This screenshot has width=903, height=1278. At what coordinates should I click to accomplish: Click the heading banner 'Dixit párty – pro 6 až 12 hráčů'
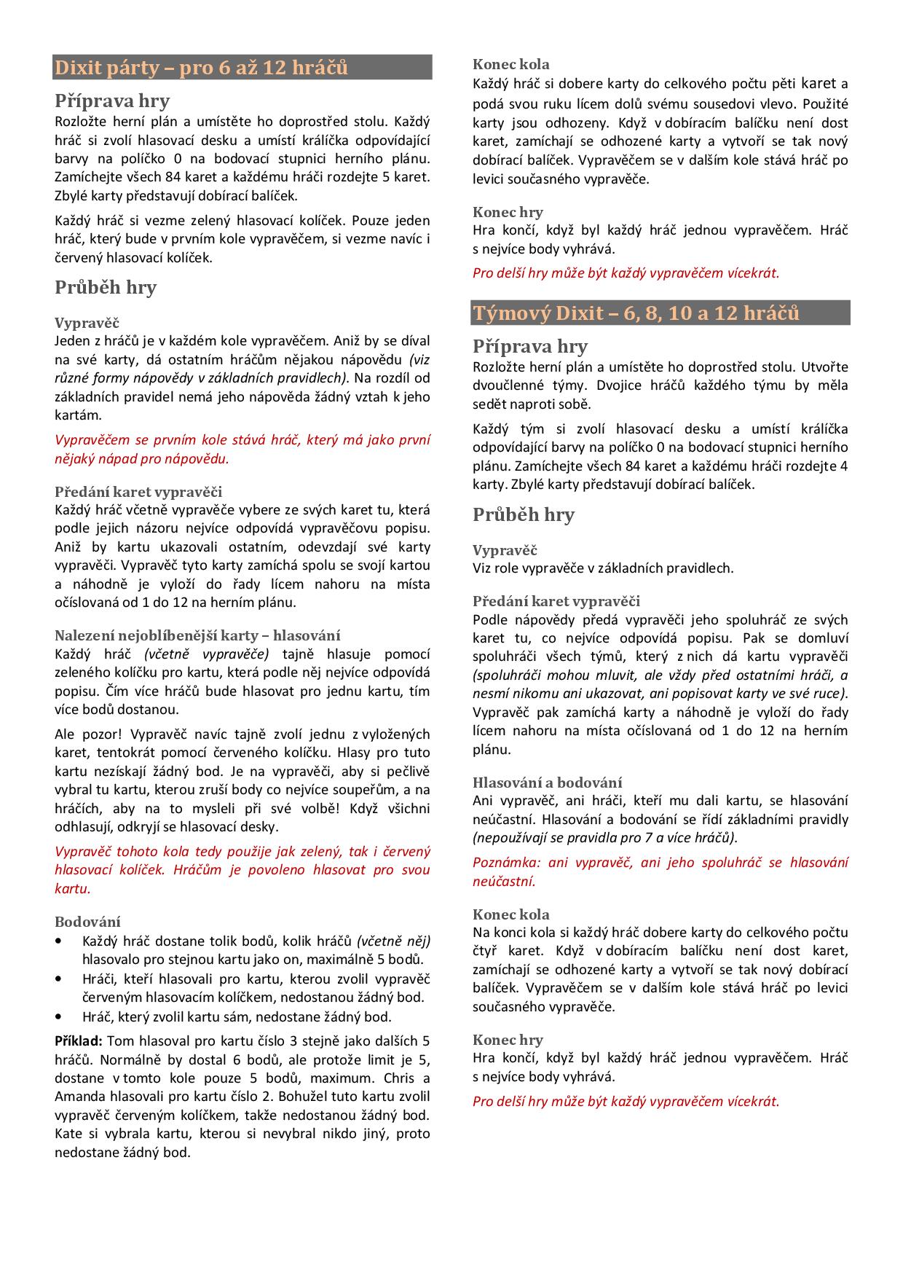click(242, 68)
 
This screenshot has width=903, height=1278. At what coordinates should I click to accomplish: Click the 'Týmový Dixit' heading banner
click(661, 313)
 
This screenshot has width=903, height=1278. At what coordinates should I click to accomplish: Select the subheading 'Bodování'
click(87, 922)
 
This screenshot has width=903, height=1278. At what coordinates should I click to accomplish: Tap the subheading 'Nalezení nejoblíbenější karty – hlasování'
click(197, 635)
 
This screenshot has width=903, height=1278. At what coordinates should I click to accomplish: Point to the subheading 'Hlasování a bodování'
click(547, 783)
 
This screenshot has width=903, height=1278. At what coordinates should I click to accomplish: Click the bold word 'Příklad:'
click(78, 1040)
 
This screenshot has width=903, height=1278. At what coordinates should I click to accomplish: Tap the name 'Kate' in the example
click(68, 1134)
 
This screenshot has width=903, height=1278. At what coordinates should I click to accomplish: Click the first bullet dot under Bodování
click(58, 941)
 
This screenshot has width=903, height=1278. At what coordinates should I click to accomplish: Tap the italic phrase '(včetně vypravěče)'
click(206, 654)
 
